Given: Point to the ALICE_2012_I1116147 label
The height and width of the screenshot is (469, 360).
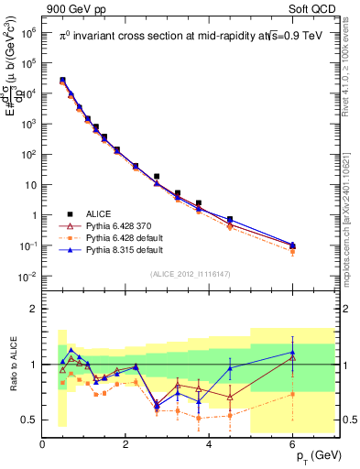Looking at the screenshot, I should pyautogui.click(x=191, y=274).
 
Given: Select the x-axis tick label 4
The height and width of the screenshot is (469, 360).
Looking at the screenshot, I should pyautogui.click(x=210, y=444).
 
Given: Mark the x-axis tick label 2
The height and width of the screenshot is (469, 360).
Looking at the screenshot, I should pyautogui.click(x=125, y=444).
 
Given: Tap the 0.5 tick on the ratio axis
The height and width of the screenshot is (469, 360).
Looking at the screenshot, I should pyautogui.click(x=30, y=420).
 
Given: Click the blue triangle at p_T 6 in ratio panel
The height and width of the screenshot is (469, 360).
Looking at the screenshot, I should pyautogui.click(x=293, y=352).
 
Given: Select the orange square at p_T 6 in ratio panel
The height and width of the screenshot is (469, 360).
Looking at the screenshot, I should pyautogui.click(x=293, y=394).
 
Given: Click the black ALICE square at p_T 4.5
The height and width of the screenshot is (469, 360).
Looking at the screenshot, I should pyautogui.click(x=230, y=220).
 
